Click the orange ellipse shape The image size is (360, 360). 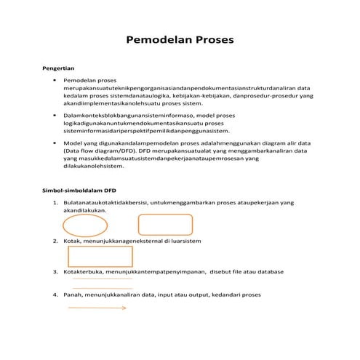84,224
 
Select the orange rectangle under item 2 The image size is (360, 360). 100,256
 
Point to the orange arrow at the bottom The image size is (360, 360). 97,308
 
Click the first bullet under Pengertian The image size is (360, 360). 55,79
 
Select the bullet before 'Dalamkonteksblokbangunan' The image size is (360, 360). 55,115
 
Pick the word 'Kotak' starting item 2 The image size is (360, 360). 73,239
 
